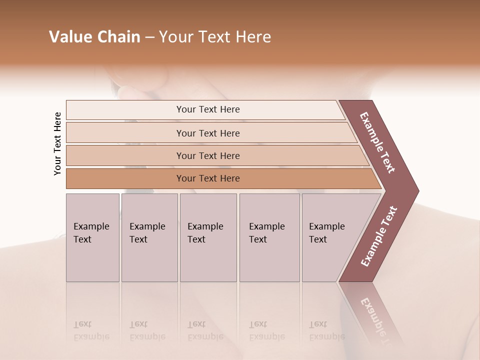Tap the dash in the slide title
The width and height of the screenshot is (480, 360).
[149, 37]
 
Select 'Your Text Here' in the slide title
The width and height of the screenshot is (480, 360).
[215, 37]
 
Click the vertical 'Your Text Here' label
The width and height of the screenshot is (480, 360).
[57, 143]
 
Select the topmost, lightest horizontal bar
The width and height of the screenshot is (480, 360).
[207, 109]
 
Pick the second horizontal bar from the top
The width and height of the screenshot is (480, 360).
[207, 133]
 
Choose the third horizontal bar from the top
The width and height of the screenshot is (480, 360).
[207, 155]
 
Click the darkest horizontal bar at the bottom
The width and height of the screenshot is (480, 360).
[207, 178]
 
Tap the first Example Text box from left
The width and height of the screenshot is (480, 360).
[92, 237]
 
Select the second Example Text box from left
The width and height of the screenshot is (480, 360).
[149, 237]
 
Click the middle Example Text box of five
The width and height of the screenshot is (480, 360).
[208, 237]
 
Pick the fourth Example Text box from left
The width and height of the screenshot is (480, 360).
[269, 237]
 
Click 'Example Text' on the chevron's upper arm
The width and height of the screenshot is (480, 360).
[378, 142]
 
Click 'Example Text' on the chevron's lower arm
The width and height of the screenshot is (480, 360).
[378, 236]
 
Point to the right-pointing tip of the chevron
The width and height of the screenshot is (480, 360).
[416, 191]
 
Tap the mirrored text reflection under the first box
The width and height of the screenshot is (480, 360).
[91, 330]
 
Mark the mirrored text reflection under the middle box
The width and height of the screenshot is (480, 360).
[205, 330]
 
